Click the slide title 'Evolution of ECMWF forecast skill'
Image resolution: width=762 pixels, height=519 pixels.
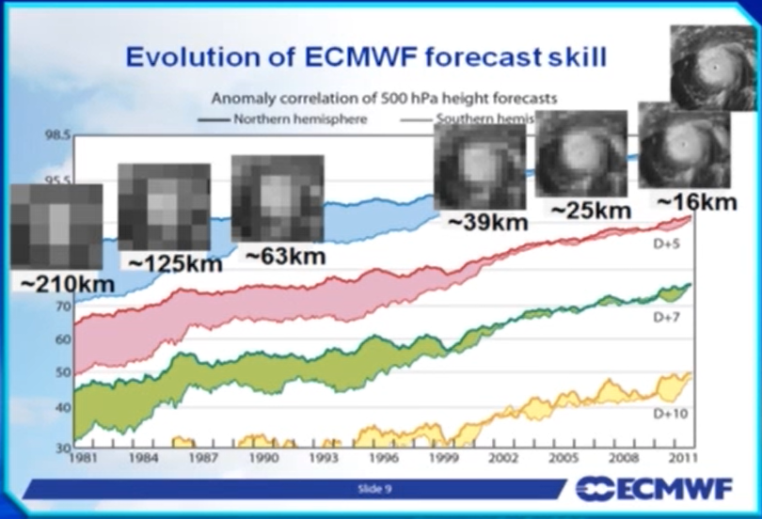point(366,56)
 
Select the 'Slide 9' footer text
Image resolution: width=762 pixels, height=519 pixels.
point(374,488)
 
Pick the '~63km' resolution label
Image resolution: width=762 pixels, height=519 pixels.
point(285,255)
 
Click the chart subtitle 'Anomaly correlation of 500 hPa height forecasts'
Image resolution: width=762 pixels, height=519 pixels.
point(384,98)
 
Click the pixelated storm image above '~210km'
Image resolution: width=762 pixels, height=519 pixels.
point(56,227)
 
